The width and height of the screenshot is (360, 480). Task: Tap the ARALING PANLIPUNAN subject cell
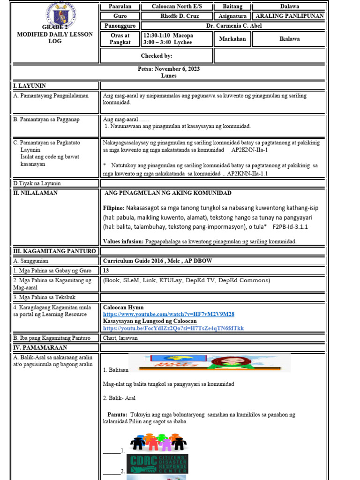(289, 16)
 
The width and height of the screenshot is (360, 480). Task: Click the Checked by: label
(157, 56)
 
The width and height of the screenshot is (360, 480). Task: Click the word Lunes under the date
(169, 75)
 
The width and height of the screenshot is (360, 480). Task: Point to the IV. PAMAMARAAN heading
(40, 348)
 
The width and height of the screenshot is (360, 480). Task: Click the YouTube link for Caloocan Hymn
(169, 314)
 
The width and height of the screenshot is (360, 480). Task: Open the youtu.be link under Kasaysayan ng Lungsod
(173, 328)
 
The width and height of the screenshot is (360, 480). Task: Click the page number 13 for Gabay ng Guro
(106, 270)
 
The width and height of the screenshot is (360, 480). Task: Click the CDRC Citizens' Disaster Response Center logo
(157, 464)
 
